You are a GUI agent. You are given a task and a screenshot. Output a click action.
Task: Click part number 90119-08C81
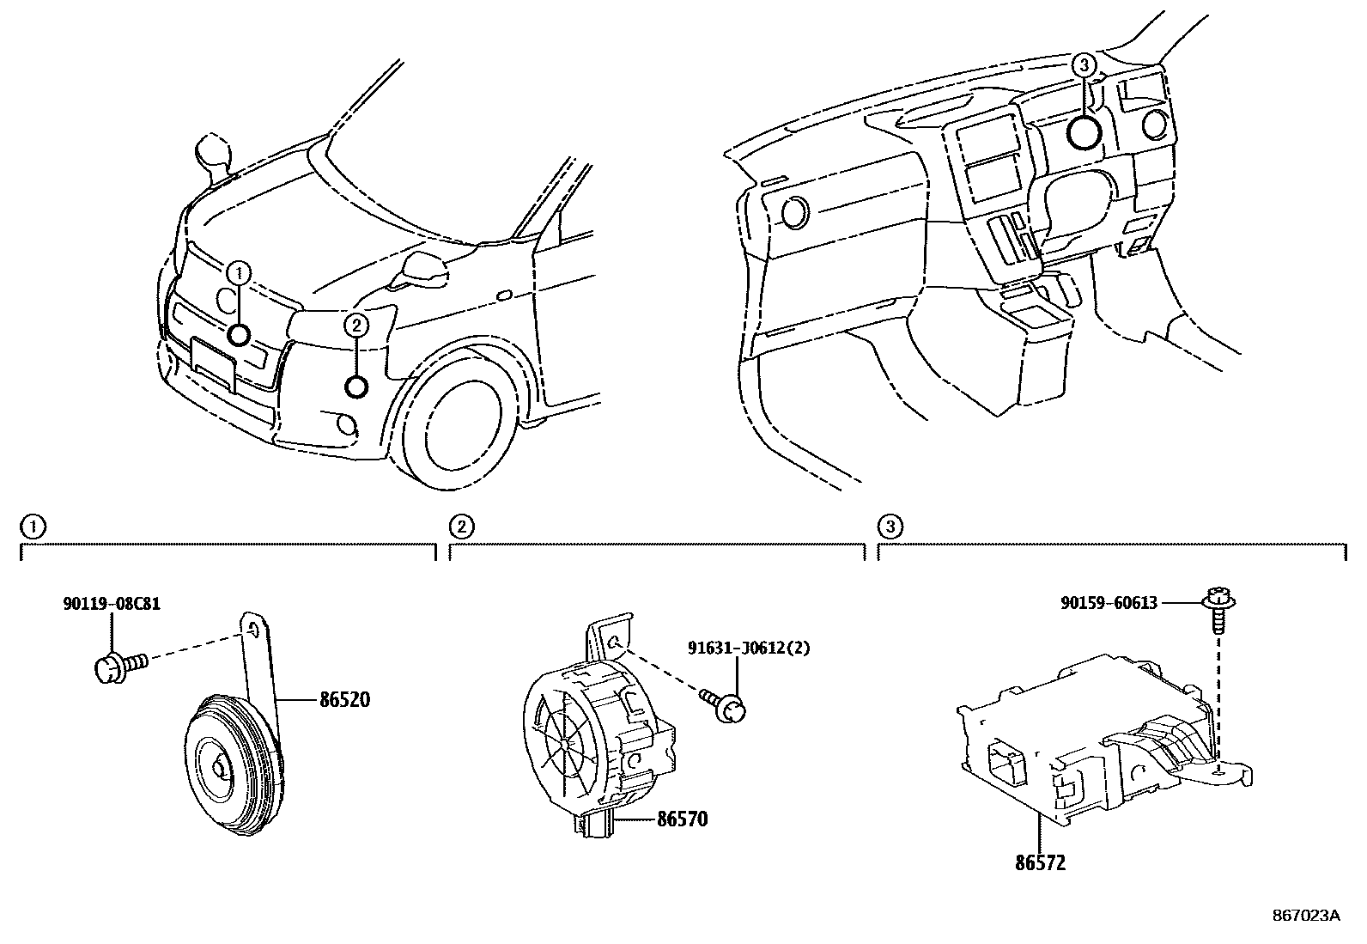112,605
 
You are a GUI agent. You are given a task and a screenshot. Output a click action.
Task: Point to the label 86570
682,819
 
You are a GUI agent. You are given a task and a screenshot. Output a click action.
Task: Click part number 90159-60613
1109,604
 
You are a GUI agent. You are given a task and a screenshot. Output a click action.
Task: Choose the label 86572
1039,863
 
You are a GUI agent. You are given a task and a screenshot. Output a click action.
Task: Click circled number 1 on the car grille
240,274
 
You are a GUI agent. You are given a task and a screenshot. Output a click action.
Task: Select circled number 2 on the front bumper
356,325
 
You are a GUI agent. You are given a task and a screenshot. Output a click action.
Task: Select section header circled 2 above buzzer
461,525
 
